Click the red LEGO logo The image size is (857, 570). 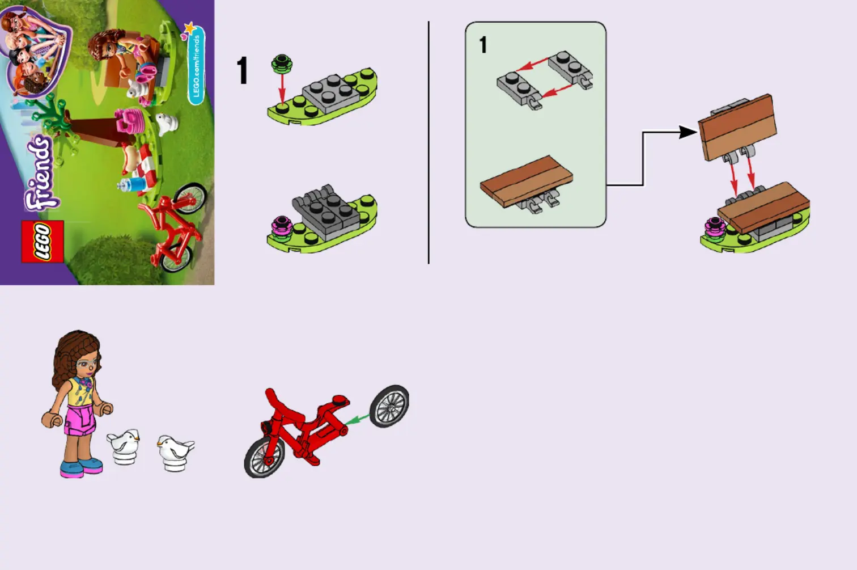click(43, 242)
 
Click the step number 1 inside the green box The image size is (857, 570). click(483, 45)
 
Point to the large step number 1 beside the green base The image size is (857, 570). click(243, 70)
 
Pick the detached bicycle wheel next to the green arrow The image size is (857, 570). click(389, 406)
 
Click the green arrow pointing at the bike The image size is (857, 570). click(357, 420)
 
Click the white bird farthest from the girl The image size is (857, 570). click(175, 453)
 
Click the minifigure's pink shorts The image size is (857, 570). click(79, 420)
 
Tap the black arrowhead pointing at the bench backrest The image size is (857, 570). click(688, 133)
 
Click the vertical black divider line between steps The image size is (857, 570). click(428, 142)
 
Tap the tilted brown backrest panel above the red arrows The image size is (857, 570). click(737, 126)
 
